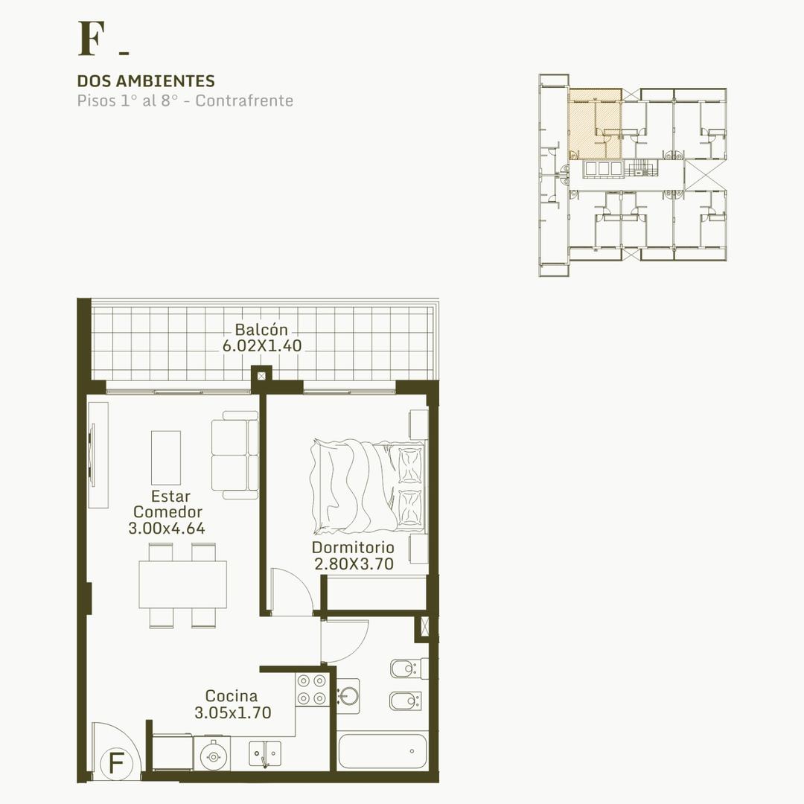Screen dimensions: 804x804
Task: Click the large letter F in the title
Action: [x=92, y=39]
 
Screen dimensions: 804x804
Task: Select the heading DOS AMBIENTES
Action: [x=146, y=81]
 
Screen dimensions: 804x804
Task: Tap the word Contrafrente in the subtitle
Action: [x=244, y=100]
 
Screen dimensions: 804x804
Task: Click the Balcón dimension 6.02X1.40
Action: [x=262, y=345]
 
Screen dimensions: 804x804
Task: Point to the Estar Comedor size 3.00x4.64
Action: [x=167, y=528]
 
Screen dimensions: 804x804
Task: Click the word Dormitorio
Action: [x=353, y=547]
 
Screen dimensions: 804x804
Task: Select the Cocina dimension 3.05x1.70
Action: [x=233, y=712]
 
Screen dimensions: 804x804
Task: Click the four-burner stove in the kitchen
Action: [x=312, y=689]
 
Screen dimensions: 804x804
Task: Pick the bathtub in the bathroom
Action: [x=383, y=750]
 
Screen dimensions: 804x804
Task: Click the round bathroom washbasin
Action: [x=349, y=696]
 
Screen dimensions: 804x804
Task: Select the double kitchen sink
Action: [x=265, y=753]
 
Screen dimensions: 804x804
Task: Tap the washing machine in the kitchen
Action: [x=211, y=753]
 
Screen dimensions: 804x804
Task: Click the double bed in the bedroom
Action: [x=368, y=485]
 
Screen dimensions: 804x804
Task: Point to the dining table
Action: [x=182, y=584]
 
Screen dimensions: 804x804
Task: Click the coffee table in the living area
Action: [x=165, y=457]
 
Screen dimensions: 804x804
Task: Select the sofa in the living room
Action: [x=234, y=455]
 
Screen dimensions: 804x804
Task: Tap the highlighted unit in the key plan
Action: [x=595, y=124]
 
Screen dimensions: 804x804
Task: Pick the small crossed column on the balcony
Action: [x=261, y=376]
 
